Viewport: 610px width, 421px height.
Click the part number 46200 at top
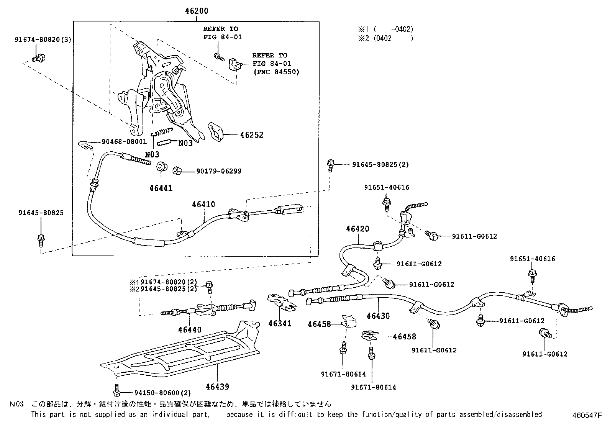pyautogui.click(x=196, y=11)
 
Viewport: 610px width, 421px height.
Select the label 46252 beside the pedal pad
pyautogui.click(x=252, y=135)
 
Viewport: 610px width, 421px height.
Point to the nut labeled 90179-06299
pyautogui.click(x=177, y=170)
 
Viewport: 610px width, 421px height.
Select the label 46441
pyautogui.click(x=161, y=188)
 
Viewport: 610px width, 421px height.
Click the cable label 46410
pyautogui.click(x=203, y=205)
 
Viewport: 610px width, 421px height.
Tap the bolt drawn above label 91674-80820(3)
pyautogui.click(x=37, y=59)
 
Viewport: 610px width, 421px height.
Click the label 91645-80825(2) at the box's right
pyautogui.click(x=380, y=164)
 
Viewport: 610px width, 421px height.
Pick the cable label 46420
pyautogui.click(x=357, y=229)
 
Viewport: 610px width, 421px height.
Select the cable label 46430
pyautogui.click(x=378, y=316)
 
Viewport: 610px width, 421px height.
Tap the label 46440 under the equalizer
pyautogui.click(x=190, y=329)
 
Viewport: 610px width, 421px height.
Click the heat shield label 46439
pyautogui.click(x=217, y=387)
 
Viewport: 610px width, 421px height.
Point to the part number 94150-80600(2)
pyautogui.click(x=162, y=393)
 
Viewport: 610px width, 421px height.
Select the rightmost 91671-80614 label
pyautogui.click(x=373, y=387)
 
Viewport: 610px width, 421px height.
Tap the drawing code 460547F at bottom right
pyautogui.click(x=587, y=414)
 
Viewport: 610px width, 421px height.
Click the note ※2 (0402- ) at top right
pyautogui.click(x=385, y=38)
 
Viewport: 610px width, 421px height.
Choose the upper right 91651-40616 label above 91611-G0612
pyautogui.click(x=532, y=259)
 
